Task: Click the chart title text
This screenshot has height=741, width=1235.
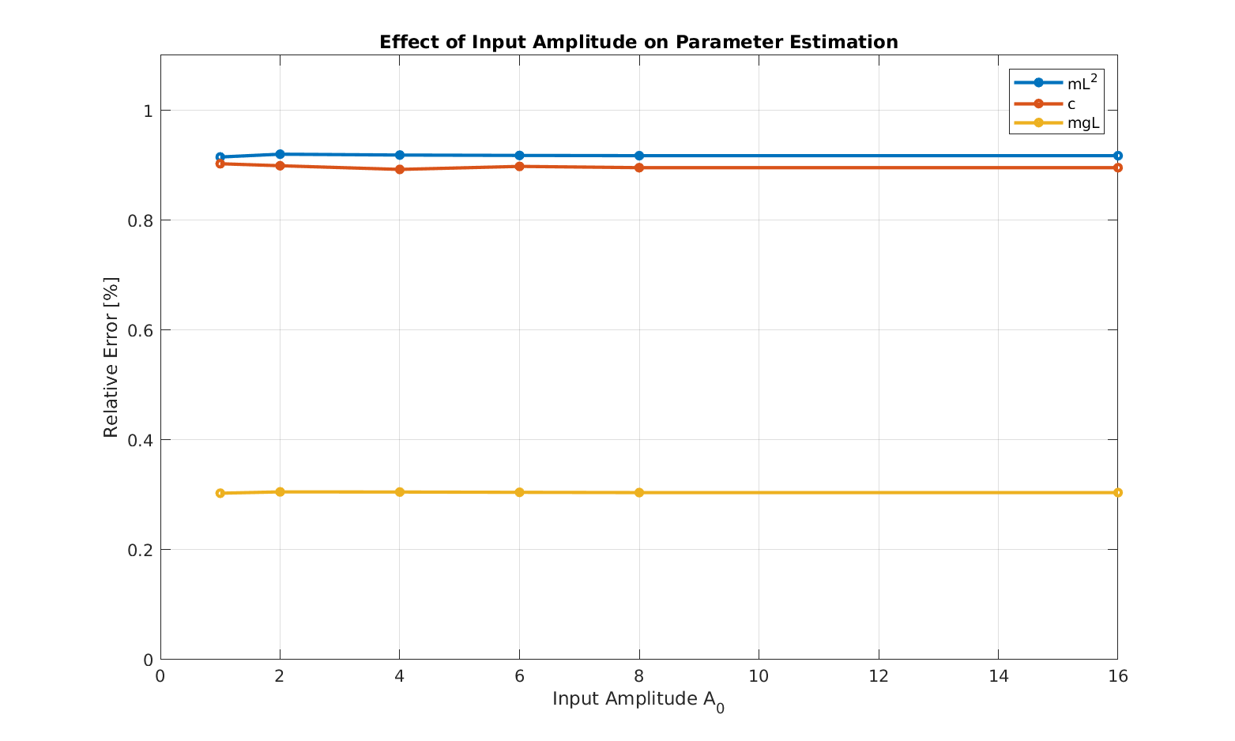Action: pos(638,42)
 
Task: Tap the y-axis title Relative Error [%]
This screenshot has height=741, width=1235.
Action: pos(111,357)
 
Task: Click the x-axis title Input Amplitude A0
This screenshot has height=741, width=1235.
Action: pos(638,700)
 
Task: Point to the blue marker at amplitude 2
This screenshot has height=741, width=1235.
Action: pos(280,154)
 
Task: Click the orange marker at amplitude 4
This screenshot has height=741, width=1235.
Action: pos(400,169)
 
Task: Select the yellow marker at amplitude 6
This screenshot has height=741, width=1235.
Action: pos(519,492)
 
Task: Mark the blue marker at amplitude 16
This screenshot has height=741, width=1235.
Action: pos(1117,156)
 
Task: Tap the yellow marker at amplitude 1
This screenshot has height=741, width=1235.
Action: pos(220,493)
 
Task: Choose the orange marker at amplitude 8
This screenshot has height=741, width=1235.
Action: pos(639,167)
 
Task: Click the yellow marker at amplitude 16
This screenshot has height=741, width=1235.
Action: pos(1117,492)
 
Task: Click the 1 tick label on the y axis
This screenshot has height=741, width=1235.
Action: pos(147,111)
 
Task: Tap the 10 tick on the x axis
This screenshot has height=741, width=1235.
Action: pos(759,676)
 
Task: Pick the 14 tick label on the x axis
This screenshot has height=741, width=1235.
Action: pos(998,676)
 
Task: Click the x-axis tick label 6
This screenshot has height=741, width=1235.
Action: pos(519,676)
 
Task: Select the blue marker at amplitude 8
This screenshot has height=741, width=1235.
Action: pos(639,156)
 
